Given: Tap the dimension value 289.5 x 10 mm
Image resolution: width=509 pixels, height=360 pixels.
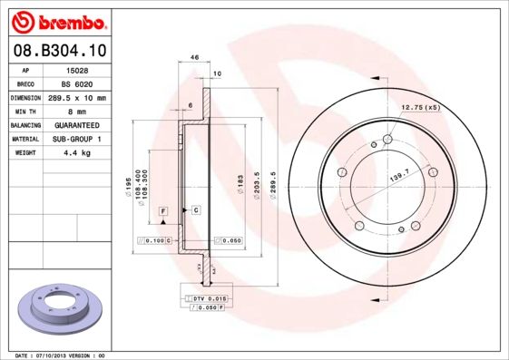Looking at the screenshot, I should click(x=77, y=97).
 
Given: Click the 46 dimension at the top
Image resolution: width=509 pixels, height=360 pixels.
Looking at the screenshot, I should click(x=194, y=57).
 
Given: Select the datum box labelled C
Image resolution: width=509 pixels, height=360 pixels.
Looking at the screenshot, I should click(x=195, y=209).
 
